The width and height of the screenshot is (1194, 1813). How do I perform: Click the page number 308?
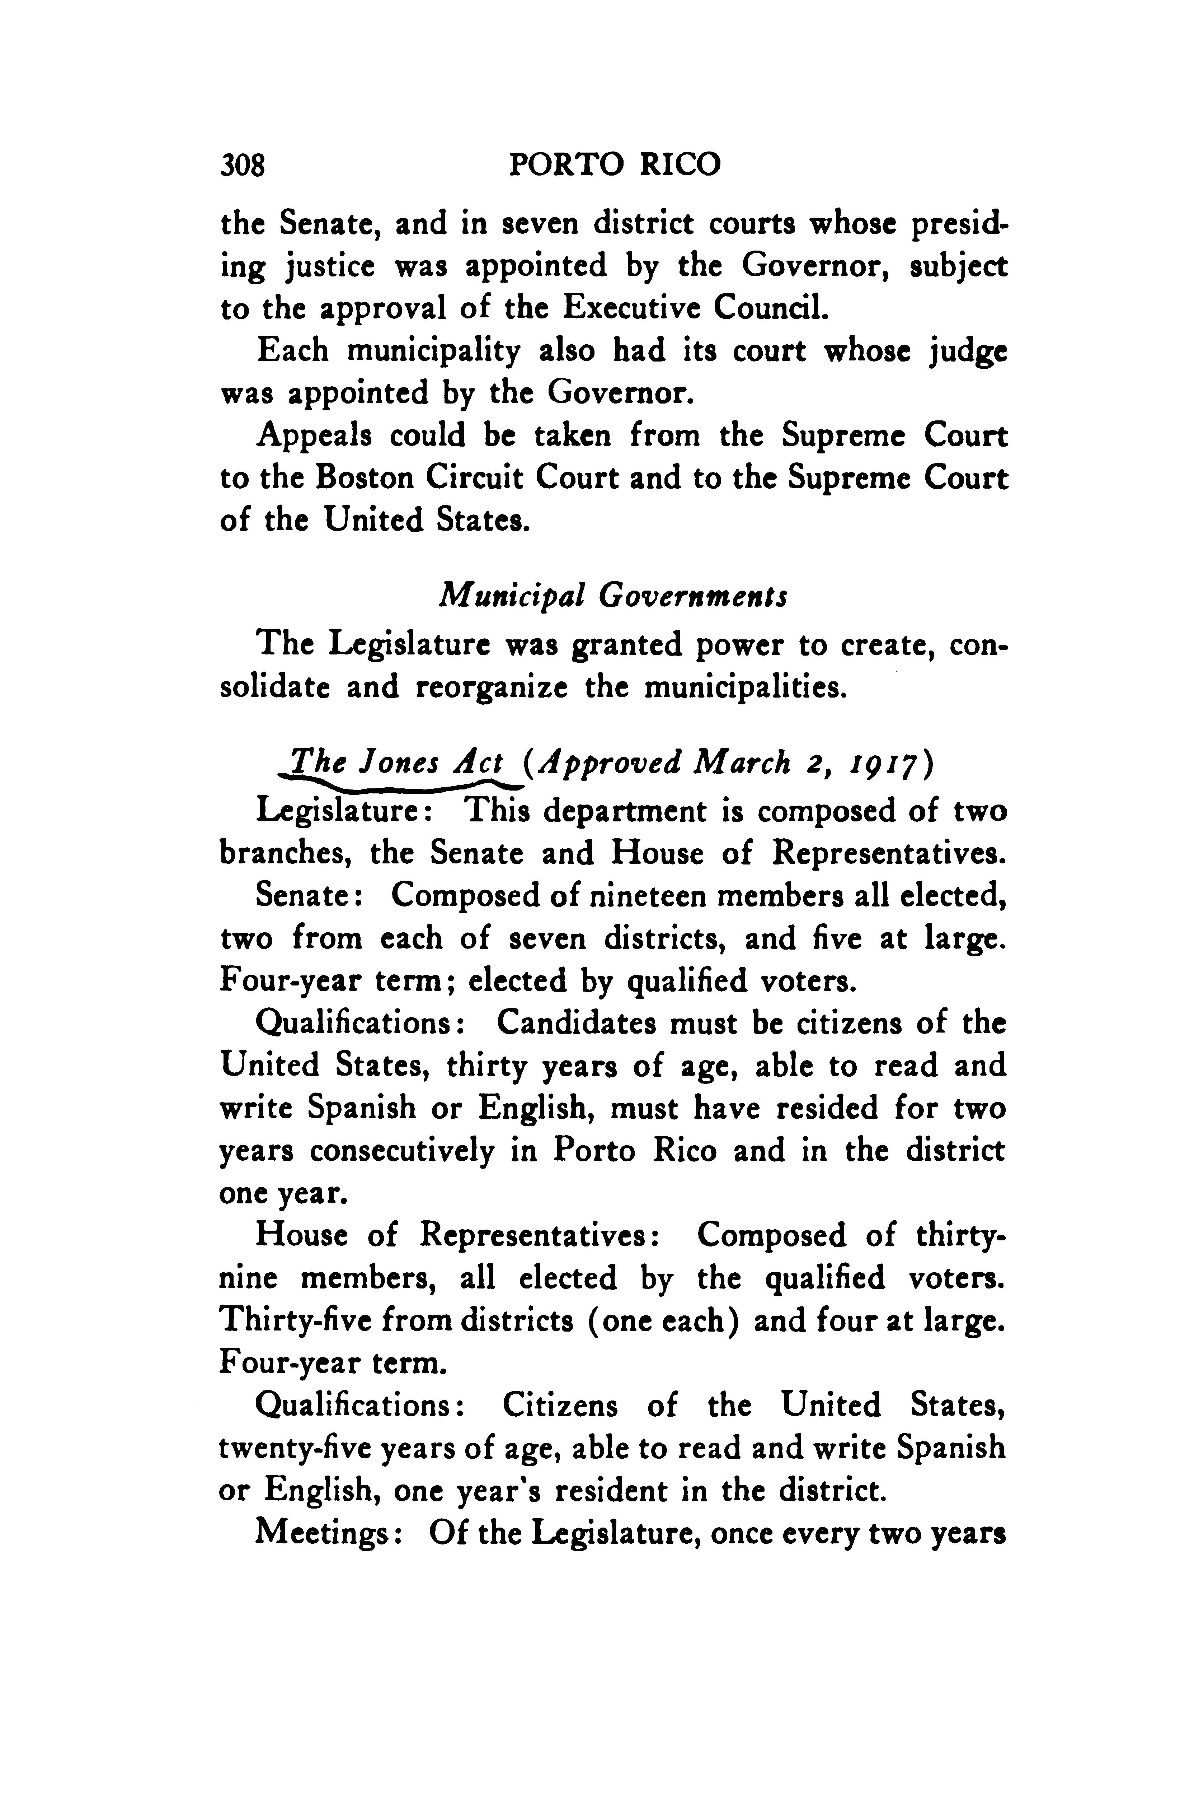(242, 164)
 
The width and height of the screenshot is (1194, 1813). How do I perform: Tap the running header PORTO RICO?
(614, 164)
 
